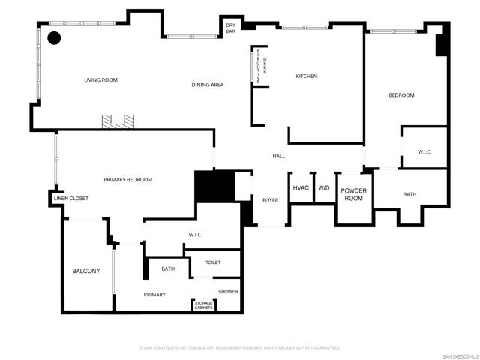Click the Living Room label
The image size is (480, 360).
[x=100, y=79]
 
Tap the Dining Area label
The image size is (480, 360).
[x=207, y=85]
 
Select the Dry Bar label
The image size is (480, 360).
[x=231, y=28]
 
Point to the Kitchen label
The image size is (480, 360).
[x=306, y=76]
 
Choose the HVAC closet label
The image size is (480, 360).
[x=301, y=188]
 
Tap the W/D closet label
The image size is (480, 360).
[x=324, y=188]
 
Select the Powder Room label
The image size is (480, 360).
[x=353, y=195]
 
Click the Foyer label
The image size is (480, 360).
[x=270, y=200]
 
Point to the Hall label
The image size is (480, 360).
[x=278, y=156]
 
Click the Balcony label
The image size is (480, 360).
[x=85, y=271]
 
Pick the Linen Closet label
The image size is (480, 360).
[x=71, y=198]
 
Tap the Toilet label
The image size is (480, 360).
[x=213, y=262]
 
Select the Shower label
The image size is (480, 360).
[x=228, y=291]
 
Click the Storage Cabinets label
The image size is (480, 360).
[x=204, y=305]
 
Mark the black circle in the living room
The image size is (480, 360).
[x=55, y=37]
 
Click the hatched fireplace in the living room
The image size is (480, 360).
[x=118, y=121]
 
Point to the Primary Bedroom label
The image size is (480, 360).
[x=128, y=179]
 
